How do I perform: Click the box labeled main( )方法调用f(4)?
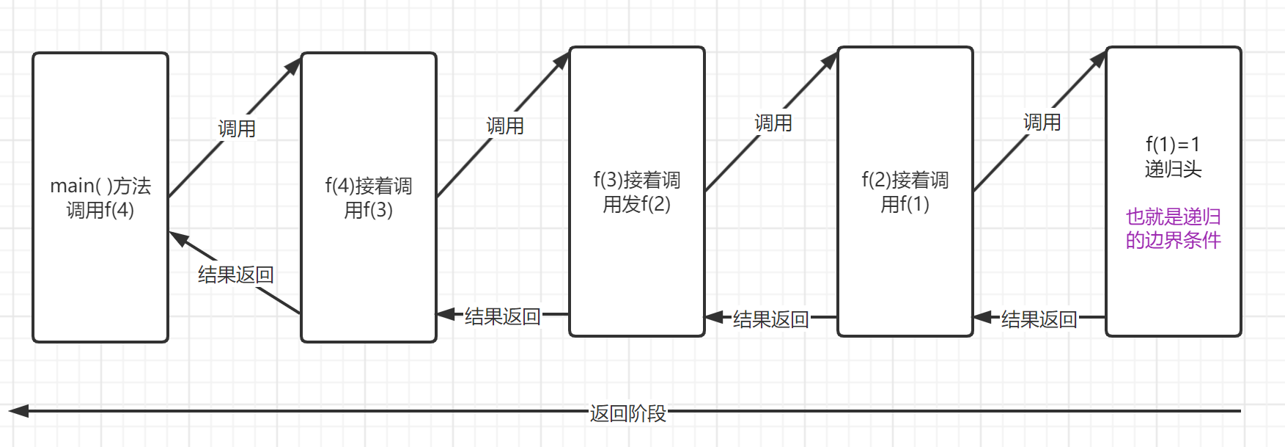(100, 197)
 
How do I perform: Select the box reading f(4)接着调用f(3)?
(369, 197)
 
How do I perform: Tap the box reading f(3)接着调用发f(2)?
(637, 192)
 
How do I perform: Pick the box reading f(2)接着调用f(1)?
(905, 192)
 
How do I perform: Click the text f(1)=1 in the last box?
(1173, 145)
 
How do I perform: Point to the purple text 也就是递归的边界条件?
(1173, 228)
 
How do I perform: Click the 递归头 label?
(1173, 170)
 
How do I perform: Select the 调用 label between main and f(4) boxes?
(237, 129)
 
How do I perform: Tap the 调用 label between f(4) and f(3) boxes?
(505, 126)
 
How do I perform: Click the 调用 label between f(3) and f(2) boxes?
(773, 123)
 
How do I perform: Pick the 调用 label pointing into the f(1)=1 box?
(1042, 123)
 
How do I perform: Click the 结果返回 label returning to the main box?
(235, 275)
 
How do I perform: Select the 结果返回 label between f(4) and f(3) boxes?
(502, 316)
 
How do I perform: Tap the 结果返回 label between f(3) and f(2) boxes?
(770, 319)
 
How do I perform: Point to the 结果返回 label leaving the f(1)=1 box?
(1039, 319)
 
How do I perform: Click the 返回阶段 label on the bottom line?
(628, 414)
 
